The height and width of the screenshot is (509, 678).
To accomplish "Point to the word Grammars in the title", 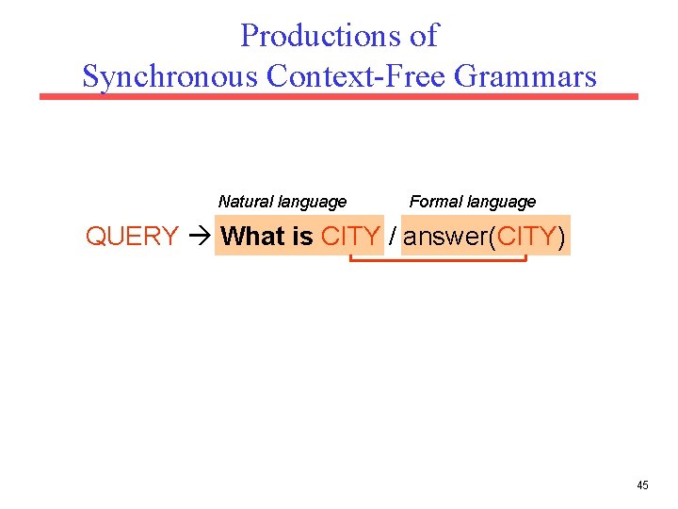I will [x=525, y=75].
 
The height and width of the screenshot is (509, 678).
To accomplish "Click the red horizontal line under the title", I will [x=339, y=96].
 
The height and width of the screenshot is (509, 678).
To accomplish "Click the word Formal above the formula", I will [x=436, y=202].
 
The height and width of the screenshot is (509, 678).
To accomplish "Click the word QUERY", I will [x=132, y=237].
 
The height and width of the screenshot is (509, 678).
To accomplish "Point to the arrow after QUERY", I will [x=199, y=237].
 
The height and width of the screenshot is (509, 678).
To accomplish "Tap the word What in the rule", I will [x=253, y=237].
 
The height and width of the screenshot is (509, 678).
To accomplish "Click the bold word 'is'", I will [x=302, y=237].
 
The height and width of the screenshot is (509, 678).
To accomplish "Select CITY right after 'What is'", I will [x=350, y=237].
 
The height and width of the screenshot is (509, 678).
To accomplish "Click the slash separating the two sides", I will [x=393, y=237].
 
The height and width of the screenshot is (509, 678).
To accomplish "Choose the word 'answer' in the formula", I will [x=445, y=237].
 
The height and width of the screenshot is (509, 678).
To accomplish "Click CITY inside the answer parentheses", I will [x=526, y=237].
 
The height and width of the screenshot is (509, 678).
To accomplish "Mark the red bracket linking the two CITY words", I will [x=438, y=260].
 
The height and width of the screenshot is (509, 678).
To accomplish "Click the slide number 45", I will [x=642, y=485].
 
